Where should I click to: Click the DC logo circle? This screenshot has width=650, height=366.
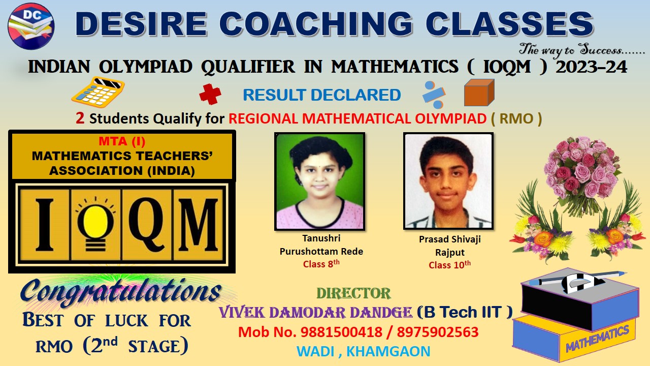click(31, 26)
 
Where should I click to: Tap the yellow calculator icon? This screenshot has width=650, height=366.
click(98, 92)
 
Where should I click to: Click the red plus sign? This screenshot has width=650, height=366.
click(210, 94)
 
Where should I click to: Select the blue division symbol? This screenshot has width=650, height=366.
click(434, 95)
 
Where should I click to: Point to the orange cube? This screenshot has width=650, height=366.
click(479, 93)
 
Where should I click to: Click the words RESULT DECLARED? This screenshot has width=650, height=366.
click(322, 95)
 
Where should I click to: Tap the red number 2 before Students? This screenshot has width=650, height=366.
click(80, 118)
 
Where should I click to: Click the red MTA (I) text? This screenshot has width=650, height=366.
click(122, 141)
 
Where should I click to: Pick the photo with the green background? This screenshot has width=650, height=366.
click(319, 181)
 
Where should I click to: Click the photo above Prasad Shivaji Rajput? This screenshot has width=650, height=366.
click(448, 181)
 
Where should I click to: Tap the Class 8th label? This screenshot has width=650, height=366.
click(321, 264)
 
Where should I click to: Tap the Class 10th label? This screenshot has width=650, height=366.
click(449, 265)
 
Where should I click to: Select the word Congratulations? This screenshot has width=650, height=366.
click(121, 292)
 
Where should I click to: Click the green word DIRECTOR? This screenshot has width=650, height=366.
click(353, 293)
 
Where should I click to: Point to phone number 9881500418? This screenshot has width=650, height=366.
click(341, 332)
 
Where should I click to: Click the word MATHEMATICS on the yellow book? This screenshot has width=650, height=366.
click(597, 338)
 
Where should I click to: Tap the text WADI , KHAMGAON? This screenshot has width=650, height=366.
click(363, 351)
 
